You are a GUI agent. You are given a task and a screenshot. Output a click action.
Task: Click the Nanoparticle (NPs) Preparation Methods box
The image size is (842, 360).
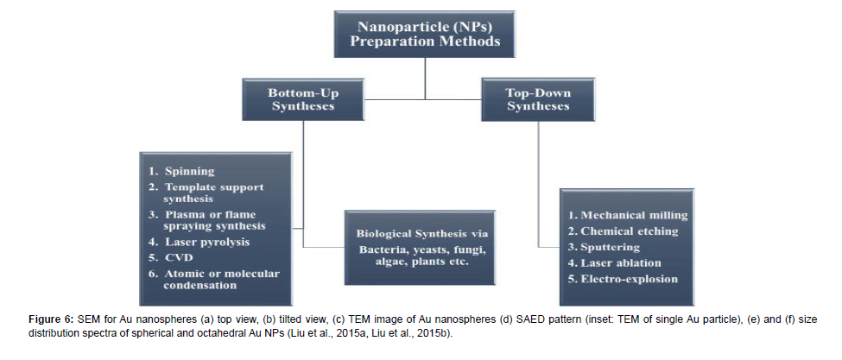click(425, 35)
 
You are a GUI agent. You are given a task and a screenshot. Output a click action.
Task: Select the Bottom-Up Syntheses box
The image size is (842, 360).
click(303, 99)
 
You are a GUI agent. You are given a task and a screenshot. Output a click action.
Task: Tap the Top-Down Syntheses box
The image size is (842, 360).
click(538, 99)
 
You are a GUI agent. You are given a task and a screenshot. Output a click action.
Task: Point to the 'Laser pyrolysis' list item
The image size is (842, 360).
click(199, 243)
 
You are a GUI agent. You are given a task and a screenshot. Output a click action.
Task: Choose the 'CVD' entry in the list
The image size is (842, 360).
click(171, 258)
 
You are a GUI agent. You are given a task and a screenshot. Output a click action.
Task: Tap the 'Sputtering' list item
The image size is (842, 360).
click(605, 247)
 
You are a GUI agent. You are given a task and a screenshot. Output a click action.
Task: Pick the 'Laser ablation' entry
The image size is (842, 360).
click(615, 263)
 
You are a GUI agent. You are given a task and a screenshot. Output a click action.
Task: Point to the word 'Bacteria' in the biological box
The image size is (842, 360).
click(379, 250)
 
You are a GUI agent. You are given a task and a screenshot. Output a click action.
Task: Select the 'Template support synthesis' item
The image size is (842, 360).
click(206, 193)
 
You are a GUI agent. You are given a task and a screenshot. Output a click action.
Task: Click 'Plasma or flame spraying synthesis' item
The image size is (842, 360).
click(206, 220)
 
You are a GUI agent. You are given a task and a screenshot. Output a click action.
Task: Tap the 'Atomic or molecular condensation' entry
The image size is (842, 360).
click(214, 280)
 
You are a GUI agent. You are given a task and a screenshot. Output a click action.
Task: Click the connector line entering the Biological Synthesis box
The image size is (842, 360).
click(324, 247)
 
